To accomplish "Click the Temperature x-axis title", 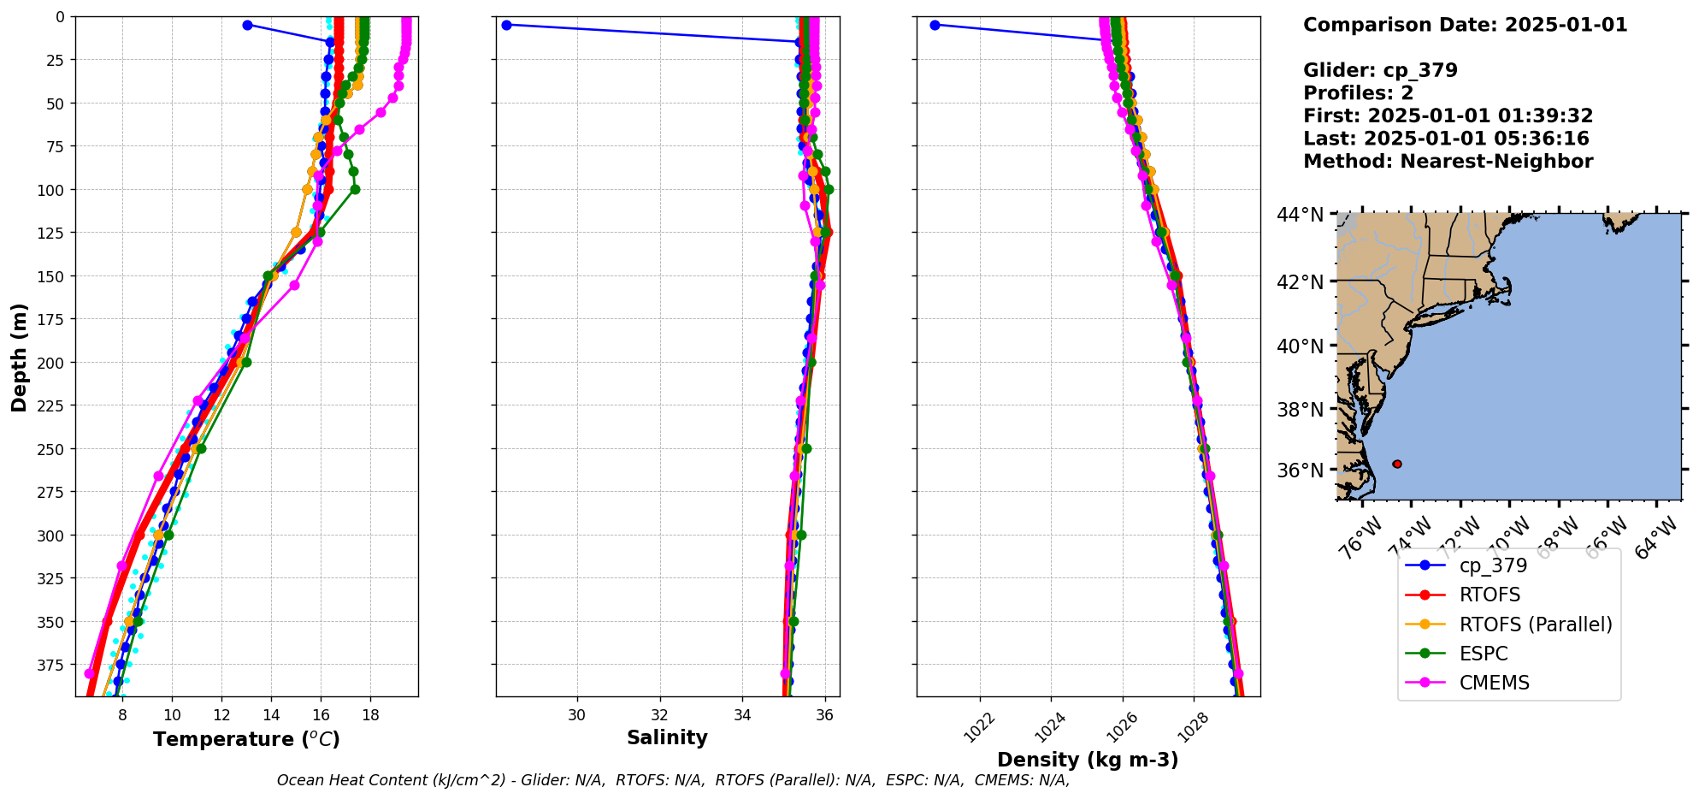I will [246, 739].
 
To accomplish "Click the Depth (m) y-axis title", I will [19, 357].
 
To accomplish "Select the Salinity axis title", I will [667, 737].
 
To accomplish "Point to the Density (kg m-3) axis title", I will [1088, 760].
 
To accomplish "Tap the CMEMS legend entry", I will [1494, 683].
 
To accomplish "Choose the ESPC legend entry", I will [1484, 654].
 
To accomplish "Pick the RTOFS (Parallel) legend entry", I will [1535, 624].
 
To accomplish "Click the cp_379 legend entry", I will [1493, 565].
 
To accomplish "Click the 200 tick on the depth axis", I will [53, 363].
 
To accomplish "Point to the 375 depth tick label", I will [53, 665].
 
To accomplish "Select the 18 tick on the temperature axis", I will [370, 714].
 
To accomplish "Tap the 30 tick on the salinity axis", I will [577, 714].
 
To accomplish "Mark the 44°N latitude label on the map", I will [1300, 215].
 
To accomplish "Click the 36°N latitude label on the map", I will [1300, 471].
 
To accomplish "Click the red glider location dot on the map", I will [1397, 464].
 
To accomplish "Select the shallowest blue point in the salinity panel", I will [506, 25].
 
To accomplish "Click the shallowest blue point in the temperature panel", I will [247, 25].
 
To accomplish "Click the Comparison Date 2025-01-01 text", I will [1465, 25].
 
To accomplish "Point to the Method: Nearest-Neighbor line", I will [1448, 162].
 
